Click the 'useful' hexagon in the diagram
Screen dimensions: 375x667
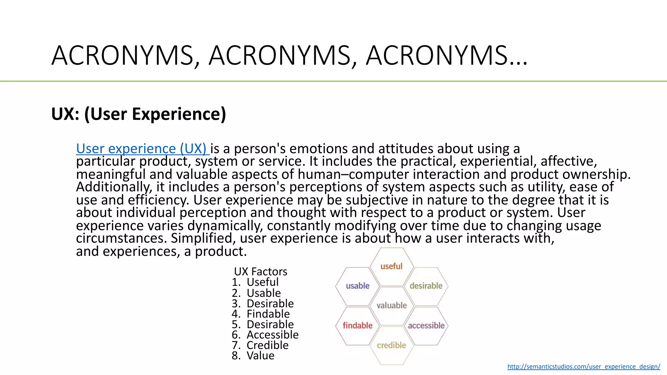coord(391,266)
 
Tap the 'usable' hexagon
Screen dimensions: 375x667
coord(358,286)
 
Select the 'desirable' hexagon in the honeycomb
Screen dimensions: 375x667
coord(426,286)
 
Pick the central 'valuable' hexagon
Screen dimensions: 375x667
coord(391,306)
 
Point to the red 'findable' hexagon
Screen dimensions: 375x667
coord(357,326)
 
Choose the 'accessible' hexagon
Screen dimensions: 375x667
coord(426,326)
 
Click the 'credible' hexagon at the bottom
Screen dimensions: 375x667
coord(391,345)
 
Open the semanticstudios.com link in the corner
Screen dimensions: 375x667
coord(584,367)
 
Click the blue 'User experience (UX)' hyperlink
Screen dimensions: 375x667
coord(141,149)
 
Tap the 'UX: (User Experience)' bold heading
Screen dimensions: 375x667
coord(138,114)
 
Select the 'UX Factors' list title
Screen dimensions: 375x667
coord(261,271)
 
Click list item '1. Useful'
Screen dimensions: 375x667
coord(255,282)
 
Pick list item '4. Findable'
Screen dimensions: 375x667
coord(261,314)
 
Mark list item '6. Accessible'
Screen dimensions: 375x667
coord(265,335)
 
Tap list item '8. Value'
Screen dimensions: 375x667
coord(253,355)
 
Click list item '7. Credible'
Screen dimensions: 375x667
coord(260,345)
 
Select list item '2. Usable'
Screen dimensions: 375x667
coord(256,293)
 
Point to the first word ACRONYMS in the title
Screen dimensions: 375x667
coord(122,55)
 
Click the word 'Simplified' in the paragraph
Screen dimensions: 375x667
coord(202,238)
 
